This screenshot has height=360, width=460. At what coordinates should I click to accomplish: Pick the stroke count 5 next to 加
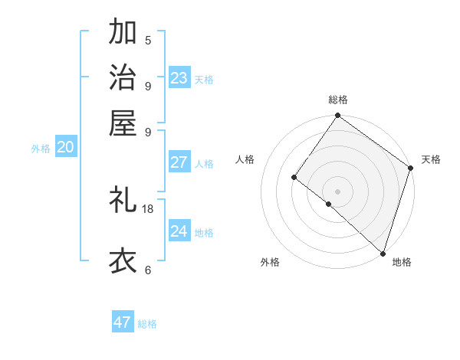tap(148, 41)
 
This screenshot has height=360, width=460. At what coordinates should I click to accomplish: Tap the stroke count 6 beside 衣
tap(148, 270)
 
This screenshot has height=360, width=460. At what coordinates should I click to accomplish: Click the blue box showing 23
tap(179, 78)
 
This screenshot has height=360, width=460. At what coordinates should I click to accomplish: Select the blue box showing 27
tap(179, 162)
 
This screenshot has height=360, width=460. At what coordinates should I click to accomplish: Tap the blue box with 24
tap(179, 231)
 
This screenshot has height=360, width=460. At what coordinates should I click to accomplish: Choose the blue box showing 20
tap(65, 148)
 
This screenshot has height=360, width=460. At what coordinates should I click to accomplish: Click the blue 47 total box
tap(123, 322)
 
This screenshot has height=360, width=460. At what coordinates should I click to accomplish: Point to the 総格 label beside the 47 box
tap(147, 324)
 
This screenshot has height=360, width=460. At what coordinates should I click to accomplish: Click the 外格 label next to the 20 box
tap(41, 149)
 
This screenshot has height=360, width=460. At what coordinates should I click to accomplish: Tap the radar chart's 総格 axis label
tap(338, 100)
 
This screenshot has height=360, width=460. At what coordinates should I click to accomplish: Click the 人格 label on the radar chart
tap(245, 159)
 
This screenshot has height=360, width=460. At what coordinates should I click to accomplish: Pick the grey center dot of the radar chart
tap(337, 191)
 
